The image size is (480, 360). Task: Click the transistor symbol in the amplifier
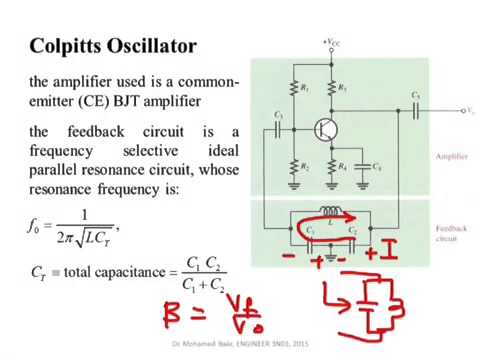click(324, 129)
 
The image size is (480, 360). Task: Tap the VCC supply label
click(333, 41)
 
